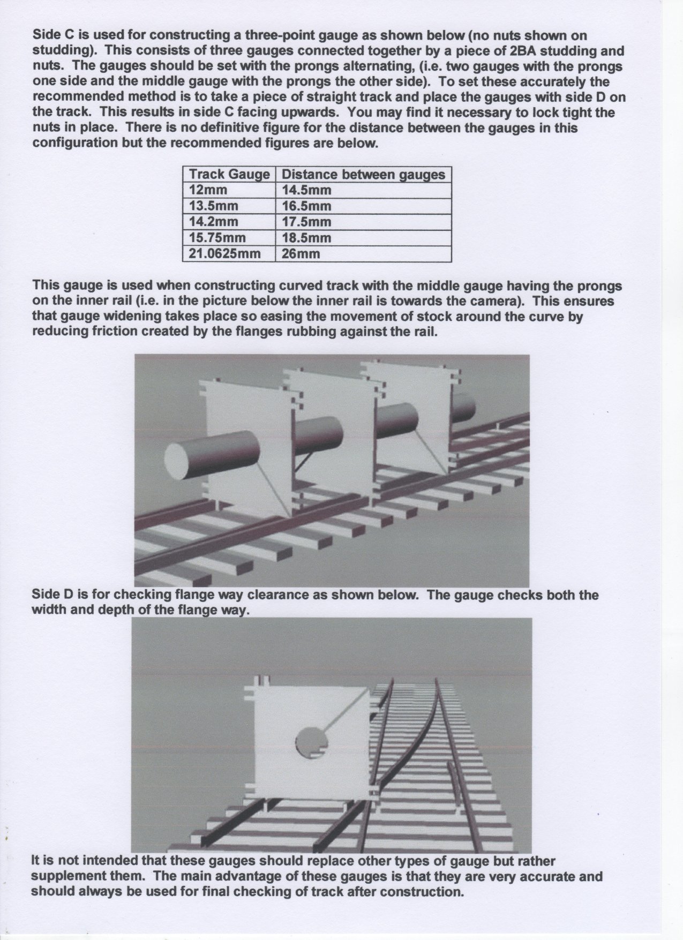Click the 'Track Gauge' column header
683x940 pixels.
click(x=229, y=175)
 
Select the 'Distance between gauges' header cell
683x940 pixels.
click(x=363, y=175)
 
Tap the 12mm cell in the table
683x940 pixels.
click(x=208, y=190)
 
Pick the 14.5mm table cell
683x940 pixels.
click(x=306, y=190)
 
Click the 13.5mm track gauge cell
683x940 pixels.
click(x=214, y=206)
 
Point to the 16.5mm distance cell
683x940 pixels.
click(x=306, y=206)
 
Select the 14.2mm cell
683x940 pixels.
click(x=214, y=222)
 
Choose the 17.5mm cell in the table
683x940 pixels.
click(x=306, y=222)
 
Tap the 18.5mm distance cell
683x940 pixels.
click(x=306, y=238)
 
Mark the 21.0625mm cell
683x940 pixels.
click(x=225, y=253)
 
